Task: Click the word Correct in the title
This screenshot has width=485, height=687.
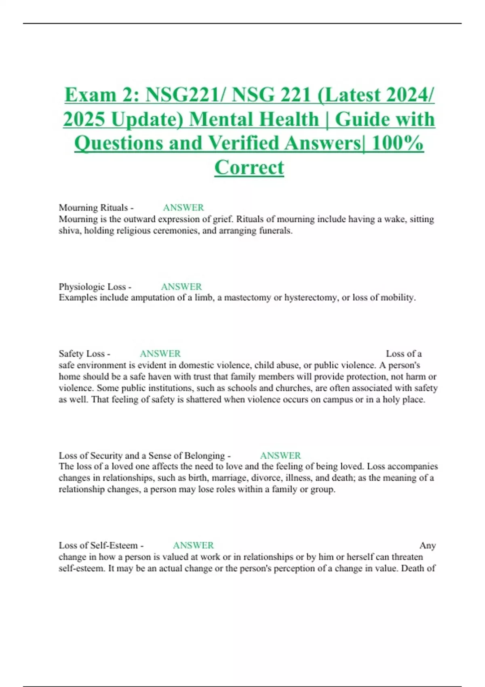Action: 249,167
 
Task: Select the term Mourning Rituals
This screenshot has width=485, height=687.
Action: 93,208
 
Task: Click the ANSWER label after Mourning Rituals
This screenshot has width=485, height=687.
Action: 183,208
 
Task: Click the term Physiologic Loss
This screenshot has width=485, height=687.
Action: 92,287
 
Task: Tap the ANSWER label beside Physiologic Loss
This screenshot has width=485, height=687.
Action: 181,287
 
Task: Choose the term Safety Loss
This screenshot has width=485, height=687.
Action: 82,354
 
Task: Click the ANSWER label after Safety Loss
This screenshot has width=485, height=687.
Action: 160,354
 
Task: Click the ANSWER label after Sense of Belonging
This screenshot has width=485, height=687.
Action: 280,456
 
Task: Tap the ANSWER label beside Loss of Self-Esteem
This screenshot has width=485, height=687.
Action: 193,546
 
